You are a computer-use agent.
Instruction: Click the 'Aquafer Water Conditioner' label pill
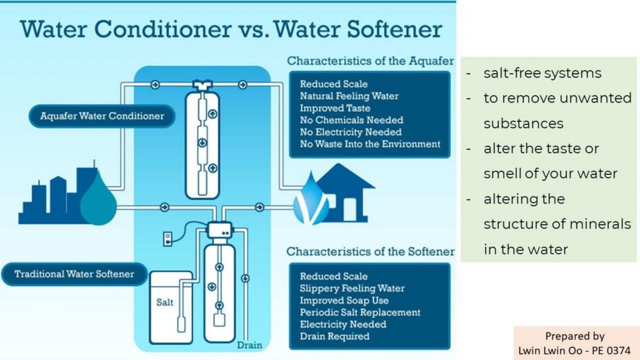tap(102, 116)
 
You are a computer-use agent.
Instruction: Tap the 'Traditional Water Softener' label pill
tap(74, 274)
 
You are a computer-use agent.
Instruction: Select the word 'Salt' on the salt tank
tap(164, 302)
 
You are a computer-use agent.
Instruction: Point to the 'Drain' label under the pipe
tap(249, 345)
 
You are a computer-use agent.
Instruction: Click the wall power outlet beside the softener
tap(167, 239)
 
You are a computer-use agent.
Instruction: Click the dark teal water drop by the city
tap(98, 197)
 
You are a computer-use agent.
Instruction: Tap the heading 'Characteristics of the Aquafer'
tap(370, 61)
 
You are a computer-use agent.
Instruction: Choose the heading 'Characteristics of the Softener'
tap(370, 251)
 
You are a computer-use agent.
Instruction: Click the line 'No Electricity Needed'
tap(351, 132)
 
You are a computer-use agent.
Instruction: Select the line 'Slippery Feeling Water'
tap(352, 289)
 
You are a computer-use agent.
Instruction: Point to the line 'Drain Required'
tap(335, 336)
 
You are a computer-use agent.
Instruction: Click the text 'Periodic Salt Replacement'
tap(360, 312)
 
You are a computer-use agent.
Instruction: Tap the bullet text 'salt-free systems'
tap(542, 73)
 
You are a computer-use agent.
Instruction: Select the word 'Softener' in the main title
tap(394, 29)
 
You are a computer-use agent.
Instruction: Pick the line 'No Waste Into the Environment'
tap(370, 144)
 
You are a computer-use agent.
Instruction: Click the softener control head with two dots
tap(219, 230)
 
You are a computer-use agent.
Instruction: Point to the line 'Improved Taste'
tap(335, 108)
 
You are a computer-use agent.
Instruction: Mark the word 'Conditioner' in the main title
tap(162, 29)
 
